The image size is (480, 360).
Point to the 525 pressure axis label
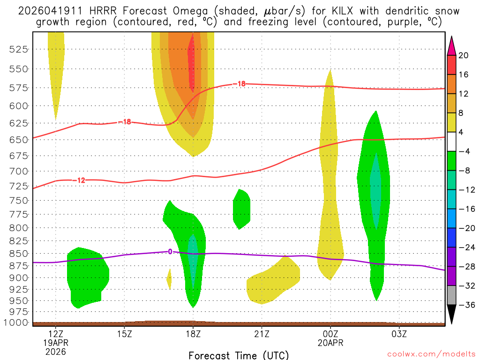tap(19, 49)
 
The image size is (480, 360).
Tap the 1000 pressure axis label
tap(17, 322)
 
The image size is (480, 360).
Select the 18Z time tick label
tap(193, 334)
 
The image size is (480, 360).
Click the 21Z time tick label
tap(262, 334)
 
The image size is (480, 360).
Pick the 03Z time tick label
tap(399, 334)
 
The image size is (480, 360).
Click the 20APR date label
tap(330, 343)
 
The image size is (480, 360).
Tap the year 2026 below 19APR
tap(56, 351)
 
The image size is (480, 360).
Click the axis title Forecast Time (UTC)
tap(239, 355)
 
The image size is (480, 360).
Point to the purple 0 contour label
tap(170, 252)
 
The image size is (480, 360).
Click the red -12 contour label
tap(81, 180)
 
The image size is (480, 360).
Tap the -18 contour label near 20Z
tap(240, 84)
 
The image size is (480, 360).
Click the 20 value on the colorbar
tap(464, 55)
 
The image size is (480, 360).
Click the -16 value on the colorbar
tap(465, 209)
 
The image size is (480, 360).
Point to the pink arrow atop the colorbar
tap(452, 45)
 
